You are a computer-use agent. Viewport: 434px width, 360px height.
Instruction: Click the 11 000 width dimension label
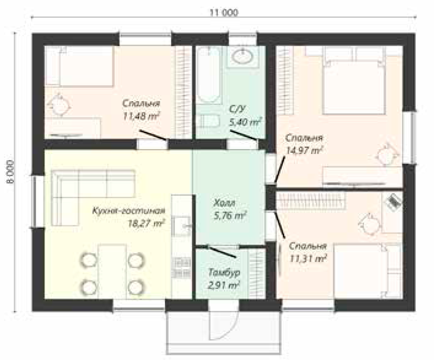224,13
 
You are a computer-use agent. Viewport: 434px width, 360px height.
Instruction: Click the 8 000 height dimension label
10,172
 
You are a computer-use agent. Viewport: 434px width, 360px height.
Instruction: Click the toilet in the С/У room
208,121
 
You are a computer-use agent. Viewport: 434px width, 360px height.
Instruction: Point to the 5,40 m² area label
246,122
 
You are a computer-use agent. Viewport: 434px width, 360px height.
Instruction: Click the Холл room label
225,204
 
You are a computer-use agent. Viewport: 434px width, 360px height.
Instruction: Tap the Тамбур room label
224,272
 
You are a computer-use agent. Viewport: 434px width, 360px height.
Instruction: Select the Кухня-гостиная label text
129,211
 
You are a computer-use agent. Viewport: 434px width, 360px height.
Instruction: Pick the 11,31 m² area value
307,259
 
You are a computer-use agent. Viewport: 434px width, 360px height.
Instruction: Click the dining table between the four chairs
112,271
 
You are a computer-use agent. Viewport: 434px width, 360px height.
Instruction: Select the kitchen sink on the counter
181,226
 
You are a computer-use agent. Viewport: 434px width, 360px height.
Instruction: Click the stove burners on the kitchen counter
181,267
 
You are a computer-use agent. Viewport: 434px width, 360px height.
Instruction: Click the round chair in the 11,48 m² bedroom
59,105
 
